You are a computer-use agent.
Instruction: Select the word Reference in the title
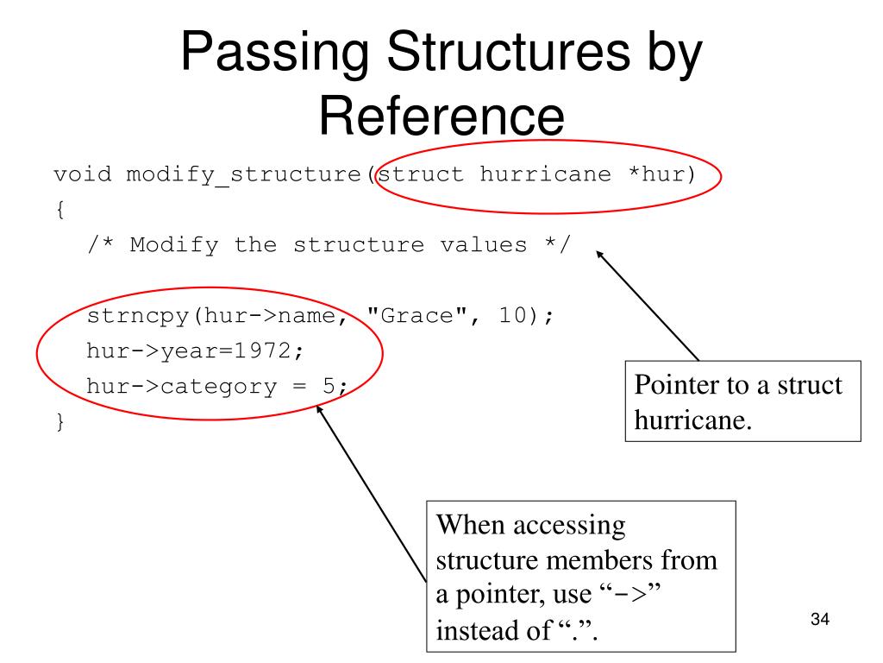coord(442,117)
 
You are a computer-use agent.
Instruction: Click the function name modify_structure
coord(245,175)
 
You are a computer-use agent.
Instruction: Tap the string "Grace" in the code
coord(418,316)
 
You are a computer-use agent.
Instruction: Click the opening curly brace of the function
coord(58,210)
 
